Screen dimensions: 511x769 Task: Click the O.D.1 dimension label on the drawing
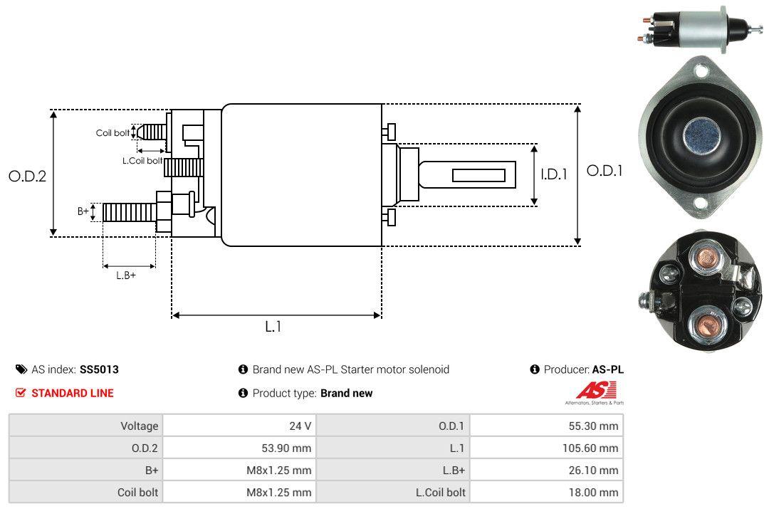coord(605,171)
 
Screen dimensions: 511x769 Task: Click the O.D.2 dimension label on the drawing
coord(27,176)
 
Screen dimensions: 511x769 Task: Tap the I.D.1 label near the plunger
coord(553,174)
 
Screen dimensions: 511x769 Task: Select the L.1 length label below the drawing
coord(273,327)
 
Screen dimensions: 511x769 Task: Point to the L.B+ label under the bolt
coord(126,275)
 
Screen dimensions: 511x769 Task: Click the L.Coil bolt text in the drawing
coord(142,161)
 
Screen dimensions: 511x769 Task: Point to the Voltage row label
coord(140,426)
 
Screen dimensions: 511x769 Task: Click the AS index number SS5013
coord(99,369)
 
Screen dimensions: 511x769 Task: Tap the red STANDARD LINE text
coord(72,393)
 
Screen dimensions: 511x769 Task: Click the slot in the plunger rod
coord(478,175)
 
